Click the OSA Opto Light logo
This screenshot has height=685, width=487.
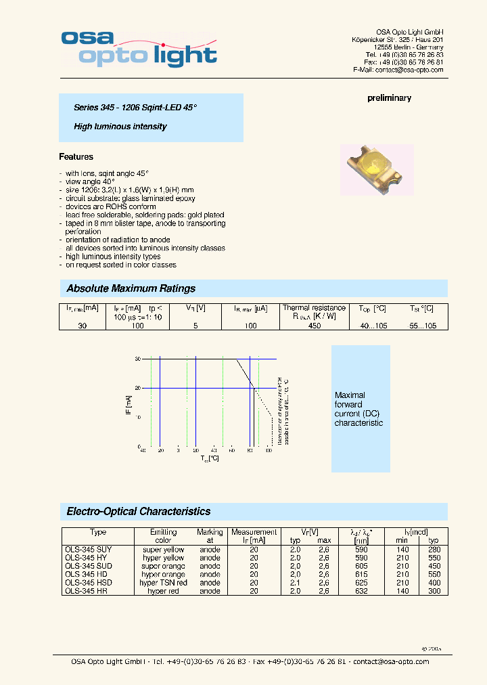pos(139,48)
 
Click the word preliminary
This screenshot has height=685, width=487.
pos(389,98)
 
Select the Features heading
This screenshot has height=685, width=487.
pos(76,157)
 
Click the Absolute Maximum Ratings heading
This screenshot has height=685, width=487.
pos(131,289)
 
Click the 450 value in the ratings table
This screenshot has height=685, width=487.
pos(315,326)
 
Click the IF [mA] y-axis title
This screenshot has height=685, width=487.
pos(129,404)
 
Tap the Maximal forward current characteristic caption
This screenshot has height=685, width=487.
pos(358,409)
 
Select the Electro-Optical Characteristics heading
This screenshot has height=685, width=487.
pos(139,512)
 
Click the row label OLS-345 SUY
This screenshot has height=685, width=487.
pos(89,550)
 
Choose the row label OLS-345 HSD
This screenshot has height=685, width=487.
pos(89,583)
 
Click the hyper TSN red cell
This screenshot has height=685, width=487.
pos(163,583)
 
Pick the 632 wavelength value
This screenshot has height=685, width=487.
pos(361,591)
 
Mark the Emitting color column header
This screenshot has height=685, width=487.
pos(163,536)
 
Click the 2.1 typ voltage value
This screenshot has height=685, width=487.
pos(295,583)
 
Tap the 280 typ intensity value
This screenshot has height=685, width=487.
pos(434,550)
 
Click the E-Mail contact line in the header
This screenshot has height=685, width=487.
pos(398,70)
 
